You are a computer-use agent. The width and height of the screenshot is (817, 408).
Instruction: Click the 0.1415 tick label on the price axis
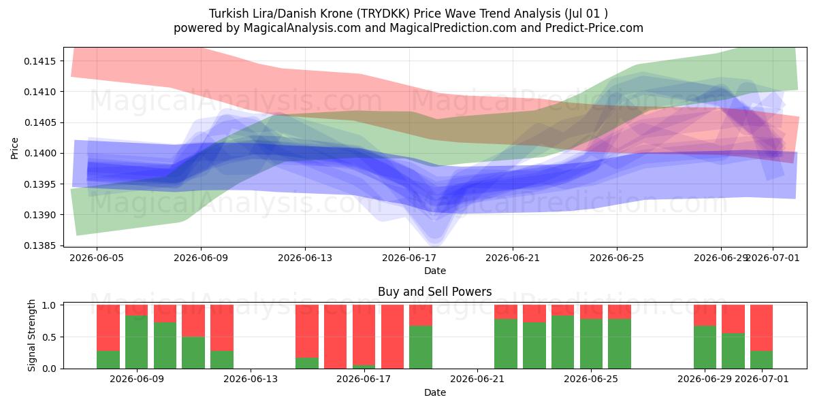pyautogui.click(x=40, y=61)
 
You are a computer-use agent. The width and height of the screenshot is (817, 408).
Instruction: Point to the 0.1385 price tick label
pyautogui.click(x=40, y=246)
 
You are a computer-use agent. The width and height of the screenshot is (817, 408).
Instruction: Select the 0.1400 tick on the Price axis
pyautogui.click(x=40, y=154)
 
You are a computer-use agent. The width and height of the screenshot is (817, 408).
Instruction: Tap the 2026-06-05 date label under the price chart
pyautogui.click(x=97, y=258)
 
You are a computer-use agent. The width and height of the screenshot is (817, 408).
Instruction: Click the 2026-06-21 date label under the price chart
pyautogui.click(x=513, y=258)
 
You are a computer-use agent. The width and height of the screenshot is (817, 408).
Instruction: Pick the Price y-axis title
pyautogui.click(x=14, y=148)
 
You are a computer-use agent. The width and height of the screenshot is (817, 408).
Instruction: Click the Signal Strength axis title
pyautogui.click(x=31, y=335)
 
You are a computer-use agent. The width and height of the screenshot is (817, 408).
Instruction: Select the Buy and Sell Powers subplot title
pyautogui.click(x=435, y=292)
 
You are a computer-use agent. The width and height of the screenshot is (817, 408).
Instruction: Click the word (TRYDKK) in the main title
pyautogui.click(x=383, y=14)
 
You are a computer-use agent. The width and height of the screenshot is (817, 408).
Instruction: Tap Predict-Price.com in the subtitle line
pyautogui.click(x=594, y=28)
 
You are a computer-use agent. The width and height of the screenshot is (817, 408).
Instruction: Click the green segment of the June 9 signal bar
pyautogui.click(x=136, y=342)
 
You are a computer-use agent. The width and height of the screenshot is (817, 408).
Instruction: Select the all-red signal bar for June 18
pyautogui.click(x=392, y=337)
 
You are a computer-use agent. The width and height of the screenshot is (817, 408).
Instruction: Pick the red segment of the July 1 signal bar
pyautogui.click(x=761, y=328)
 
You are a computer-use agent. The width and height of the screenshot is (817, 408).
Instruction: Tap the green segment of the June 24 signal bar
pyautogui.click(x=563, y=342)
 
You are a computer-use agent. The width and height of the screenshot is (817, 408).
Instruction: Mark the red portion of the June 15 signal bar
pyautogui.click(x=307, y=332)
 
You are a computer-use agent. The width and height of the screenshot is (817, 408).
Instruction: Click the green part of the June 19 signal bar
pyautogui.click(x=421, y=347)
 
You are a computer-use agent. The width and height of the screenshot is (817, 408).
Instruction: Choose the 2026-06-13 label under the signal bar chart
pyautogui.click(x=251, y=379)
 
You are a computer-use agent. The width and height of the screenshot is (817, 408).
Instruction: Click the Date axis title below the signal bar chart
pyautogui.click(x=435, y=393)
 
